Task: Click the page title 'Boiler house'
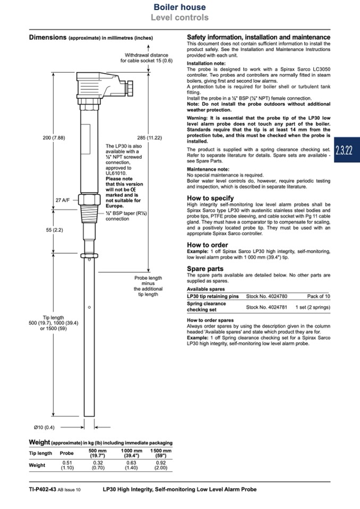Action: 179,7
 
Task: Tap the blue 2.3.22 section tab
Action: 344,150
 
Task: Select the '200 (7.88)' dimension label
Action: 54,137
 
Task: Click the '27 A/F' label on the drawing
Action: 63,200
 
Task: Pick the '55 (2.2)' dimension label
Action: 54,230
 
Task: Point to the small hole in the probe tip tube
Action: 89,307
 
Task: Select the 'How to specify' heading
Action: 210,198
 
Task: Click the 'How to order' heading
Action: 208,245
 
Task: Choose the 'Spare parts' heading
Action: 205,269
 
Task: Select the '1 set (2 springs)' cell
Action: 313,307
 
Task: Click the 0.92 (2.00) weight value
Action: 160,465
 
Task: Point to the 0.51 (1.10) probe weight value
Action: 67,465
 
